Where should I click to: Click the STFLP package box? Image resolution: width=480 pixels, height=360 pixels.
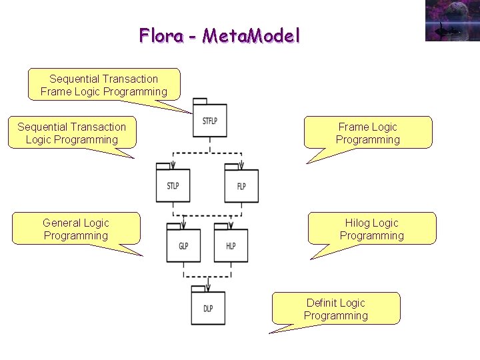click(209, 121)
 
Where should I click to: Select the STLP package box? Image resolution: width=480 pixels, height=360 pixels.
click(173, 185)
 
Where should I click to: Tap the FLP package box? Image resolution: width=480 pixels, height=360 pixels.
click(241, 186)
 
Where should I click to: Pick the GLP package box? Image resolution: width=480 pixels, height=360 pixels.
click(183, 246)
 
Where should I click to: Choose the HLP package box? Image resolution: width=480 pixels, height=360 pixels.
click(231, 246)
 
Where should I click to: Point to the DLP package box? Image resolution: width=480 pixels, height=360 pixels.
click(208, 308)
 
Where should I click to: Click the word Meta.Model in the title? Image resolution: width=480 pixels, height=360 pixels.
click(251, 35)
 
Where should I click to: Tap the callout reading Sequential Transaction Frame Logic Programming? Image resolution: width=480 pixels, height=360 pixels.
click(104, 85)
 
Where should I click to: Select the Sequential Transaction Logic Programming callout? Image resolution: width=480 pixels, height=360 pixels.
click(71, 133)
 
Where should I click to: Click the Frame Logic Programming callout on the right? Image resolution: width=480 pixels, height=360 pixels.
click(367, 133)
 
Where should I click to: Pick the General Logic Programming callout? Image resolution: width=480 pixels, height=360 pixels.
click(76, 229)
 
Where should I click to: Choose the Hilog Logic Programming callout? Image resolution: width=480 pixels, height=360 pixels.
click(371, 229)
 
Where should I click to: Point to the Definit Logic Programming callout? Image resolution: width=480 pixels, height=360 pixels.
click(336, 309)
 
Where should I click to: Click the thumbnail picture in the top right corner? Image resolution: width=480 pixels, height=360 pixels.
click(452, 21)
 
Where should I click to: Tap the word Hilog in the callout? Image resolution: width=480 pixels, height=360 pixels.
click(358, 223)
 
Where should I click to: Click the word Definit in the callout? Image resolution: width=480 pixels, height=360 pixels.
click(321, 303)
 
